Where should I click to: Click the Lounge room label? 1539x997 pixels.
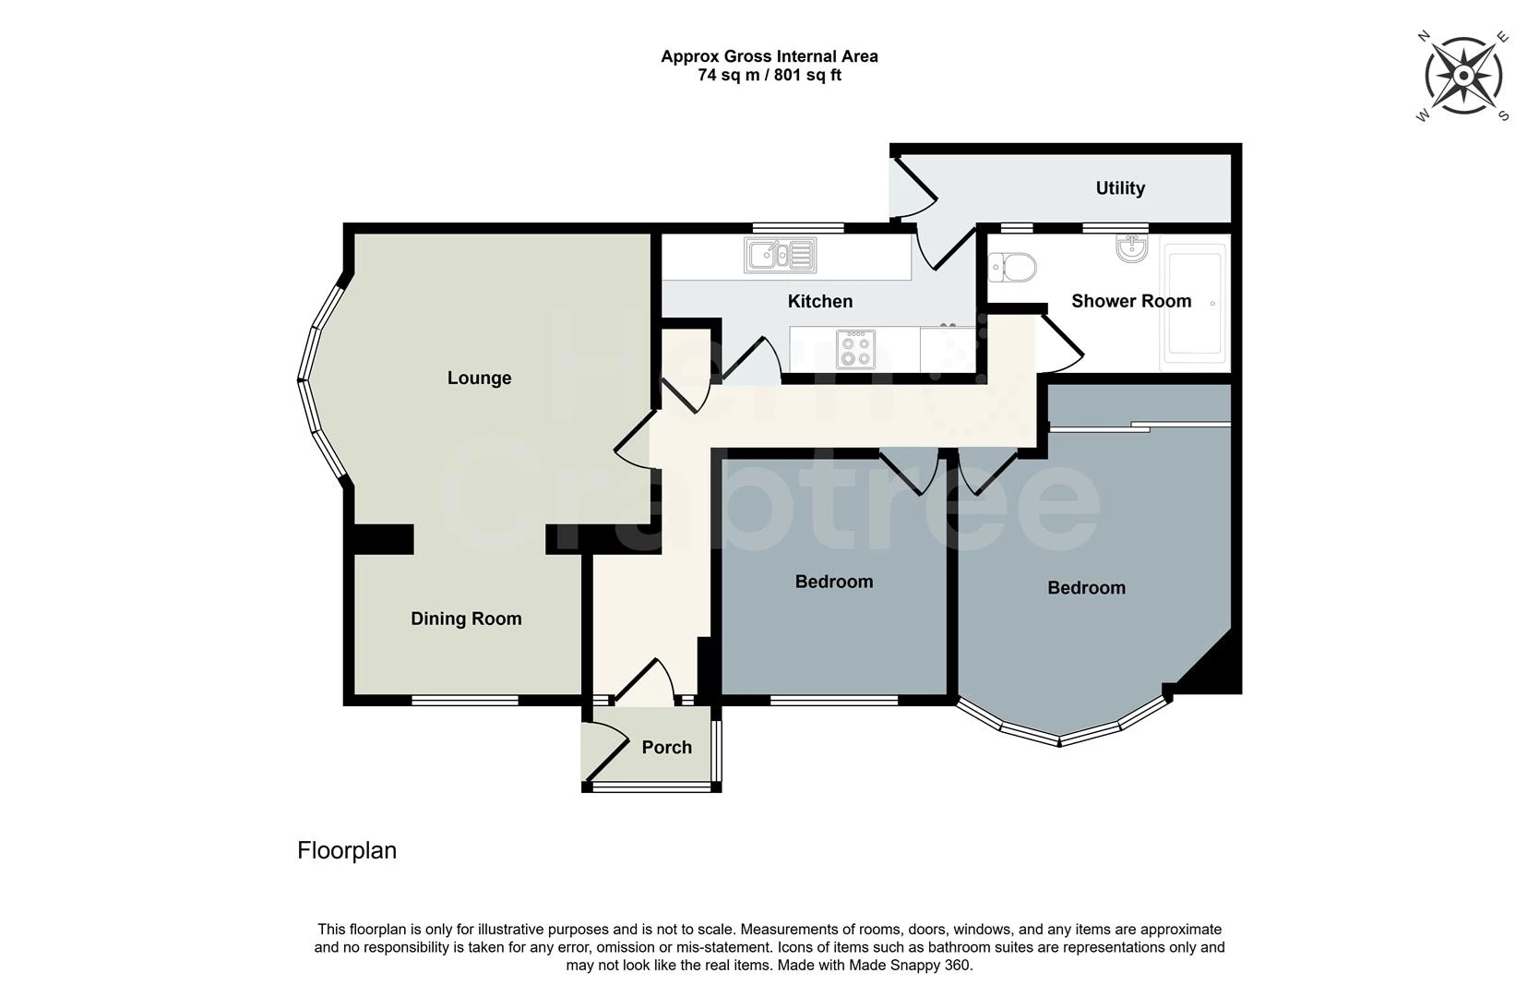tap(479, 378)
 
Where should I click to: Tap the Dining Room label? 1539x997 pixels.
tap(466, 619)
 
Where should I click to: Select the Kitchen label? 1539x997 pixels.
tap(819, 301)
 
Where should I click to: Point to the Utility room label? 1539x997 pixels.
tap(1120, 188)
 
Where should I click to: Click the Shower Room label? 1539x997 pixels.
tap(1131, 301)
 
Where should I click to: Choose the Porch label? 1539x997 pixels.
tap(666, 747)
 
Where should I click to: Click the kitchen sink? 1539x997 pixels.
tap(781, 256)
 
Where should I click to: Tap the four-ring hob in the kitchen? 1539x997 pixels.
tap(855, 349)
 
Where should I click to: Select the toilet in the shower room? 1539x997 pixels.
tap(1012, 268)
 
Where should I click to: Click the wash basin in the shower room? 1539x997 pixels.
tap(1131, 247)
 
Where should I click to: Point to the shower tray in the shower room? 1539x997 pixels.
tap(1196, 302)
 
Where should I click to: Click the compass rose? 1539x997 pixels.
tap(1463, 76)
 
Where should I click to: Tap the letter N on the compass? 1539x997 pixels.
tap(1424, 37)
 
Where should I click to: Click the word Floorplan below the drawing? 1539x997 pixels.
tap(347, 850)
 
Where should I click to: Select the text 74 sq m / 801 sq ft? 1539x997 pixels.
tap(769, 76)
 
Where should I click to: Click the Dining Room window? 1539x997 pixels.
tap(465, 701)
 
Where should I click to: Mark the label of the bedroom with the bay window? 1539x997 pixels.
tap(1086, 588)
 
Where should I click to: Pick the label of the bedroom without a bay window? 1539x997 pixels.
tap(833, 582)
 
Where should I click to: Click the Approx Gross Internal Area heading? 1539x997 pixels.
tap(769, 56)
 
